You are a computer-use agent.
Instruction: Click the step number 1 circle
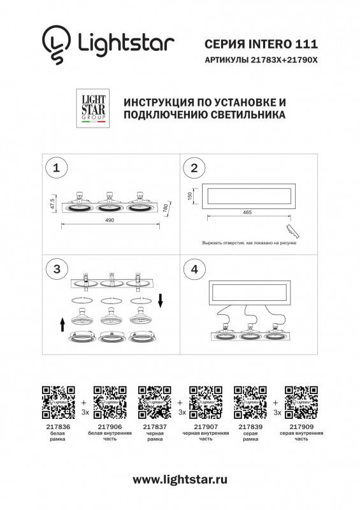(x=57, y=168)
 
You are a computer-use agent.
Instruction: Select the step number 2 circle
(x=194, y=168)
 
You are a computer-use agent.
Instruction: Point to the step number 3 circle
(x=57, y=269)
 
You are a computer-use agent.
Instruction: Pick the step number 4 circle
(x=194, y=269)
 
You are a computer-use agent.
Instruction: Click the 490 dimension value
(x=109, y=220)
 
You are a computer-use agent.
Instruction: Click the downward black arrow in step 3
(x=161, y=299)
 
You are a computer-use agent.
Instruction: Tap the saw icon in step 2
(x=292, y=229)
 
